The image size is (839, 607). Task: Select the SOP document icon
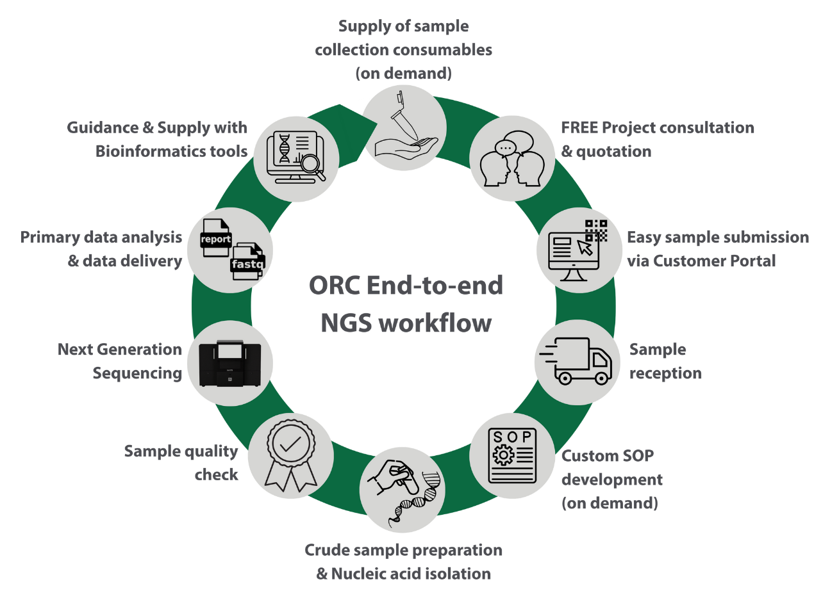(x=511, y=456)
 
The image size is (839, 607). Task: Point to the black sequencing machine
(x=230, y=363)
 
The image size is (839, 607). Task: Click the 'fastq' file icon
(x=247, y=262)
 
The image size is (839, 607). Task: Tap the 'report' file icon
(x=215, y=238)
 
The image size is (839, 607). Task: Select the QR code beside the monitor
(x=596, y=230)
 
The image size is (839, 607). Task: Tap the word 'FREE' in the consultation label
(x=579, y=127)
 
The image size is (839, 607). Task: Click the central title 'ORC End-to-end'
(x=406, y=285)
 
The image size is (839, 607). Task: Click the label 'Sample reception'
(x=664, y=361)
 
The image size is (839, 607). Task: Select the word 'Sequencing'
(x=137, y=373)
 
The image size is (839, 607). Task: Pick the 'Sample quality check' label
(x=181, y=462)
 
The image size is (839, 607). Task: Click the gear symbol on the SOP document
(x=503, y=455)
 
